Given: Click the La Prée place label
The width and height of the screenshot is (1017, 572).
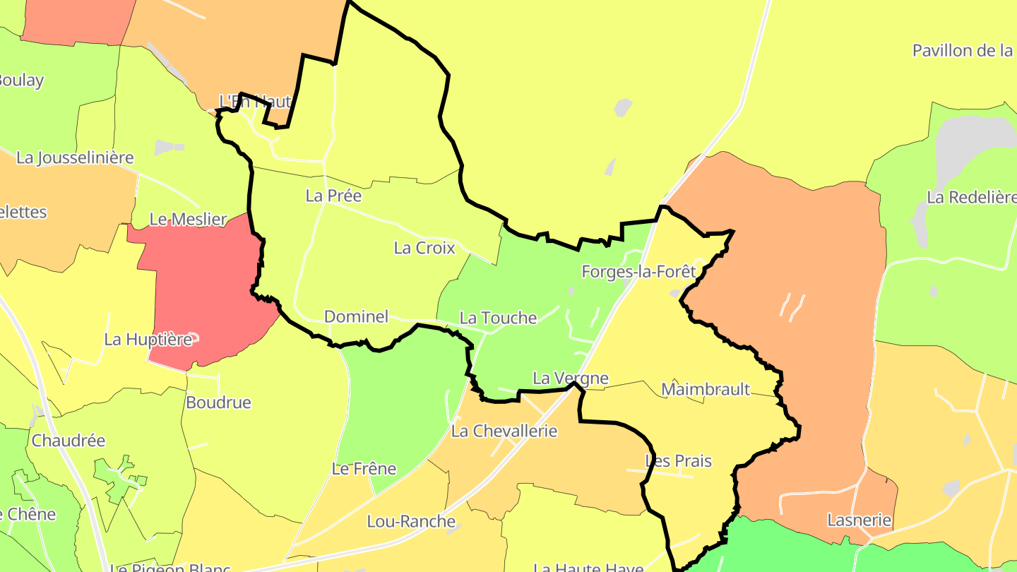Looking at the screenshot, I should pos(333,196).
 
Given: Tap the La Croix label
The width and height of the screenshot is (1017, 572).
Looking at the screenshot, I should pos(424,248).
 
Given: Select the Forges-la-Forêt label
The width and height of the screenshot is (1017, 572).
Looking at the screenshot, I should pos(638,271).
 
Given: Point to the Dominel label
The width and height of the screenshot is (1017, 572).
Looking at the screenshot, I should pos(356,316).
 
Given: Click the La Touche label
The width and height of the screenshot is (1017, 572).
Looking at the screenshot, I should pos(498,318).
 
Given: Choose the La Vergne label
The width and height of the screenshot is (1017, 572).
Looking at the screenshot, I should pos(570,379).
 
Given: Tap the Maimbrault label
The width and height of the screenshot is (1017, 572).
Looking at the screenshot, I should pos(705,389).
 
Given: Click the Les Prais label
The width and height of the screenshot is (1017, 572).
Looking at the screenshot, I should pos(678,461).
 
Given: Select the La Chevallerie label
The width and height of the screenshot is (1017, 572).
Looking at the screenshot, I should pos(504,431).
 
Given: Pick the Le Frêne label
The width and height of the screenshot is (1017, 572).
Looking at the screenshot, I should pos(364,469).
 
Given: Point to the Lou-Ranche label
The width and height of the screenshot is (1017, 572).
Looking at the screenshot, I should pos(410,522).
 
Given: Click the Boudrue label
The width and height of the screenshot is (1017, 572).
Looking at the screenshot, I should pos(218,403).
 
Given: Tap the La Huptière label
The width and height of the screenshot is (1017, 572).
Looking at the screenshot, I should pos(148,340).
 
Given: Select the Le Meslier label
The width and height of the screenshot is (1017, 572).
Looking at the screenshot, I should pos(188,220).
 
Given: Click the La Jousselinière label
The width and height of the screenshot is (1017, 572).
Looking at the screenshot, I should pos(75,157).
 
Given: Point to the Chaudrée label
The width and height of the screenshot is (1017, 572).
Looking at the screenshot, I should pos(69,441).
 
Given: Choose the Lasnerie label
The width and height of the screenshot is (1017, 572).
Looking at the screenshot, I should pos(859,520).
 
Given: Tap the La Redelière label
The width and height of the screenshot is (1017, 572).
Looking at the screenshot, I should pos(971,198).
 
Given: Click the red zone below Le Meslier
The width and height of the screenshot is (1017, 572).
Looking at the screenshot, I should pos(205,297).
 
